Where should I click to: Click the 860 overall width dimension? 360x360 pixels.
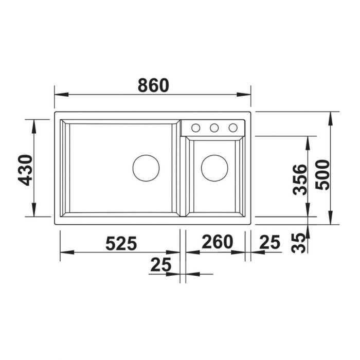tap(153, 85)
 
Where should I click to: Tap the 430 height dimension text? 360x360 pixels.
tap(25, 170)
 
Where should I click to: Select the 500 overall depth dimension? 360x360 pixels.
tap(322, 175)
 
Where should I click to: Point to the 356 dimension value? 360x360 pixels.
tap(300, 180)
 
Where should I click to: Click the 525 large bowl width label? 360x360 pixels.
tap(121, 243)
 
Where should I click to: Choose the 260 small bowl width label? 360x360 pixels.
tap(217, 242)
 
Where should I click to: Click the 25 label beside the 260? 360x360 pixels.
tap(270, 242)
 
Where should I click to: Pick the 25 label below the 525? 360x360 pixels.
tap(160, 264)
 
